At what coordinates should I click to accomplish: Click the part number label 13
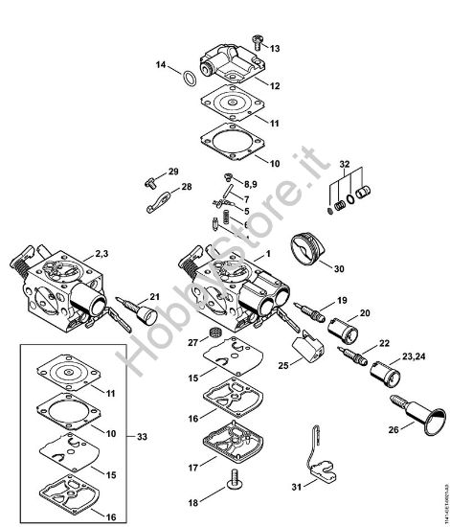point(277,48)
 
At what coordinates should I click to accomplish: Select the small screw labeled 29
point(151,178)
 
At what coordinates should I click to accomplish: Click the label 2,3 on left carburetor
point(102,254)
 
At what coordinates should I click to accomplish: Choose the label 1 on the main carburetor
point(269,253)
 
